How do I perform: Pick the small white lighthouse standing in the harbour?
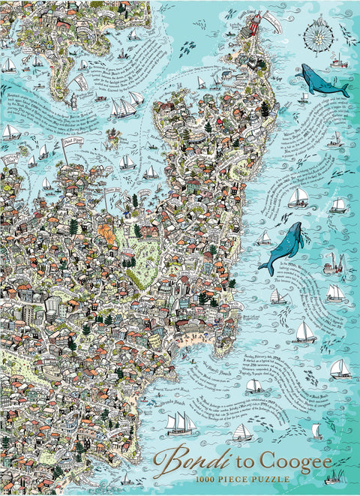tap(74, 101)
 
